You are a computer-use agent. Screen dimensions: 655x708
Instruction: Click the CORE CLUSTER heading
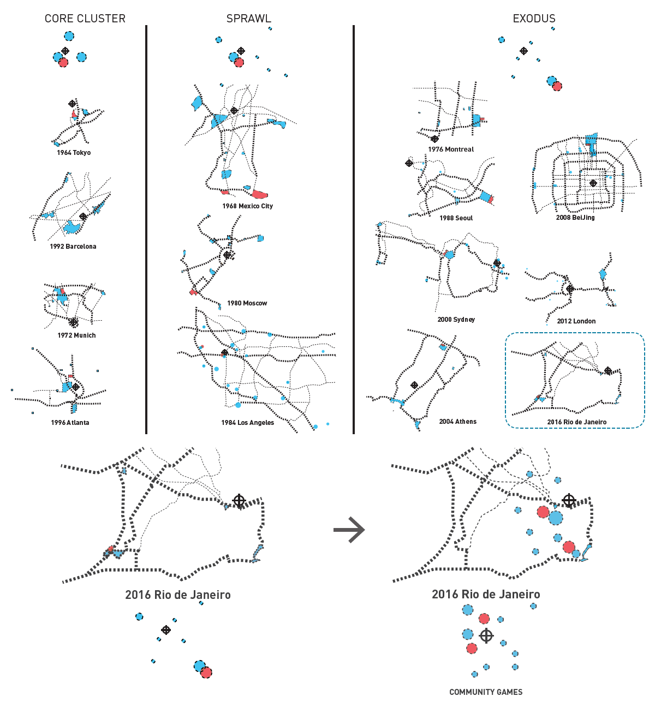coord(85,19)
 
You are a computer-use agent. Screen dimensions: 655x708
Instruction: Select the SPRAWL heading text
coord(249,19)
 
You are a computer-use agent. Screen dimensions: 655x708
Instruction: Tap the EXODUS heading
coord(534,19)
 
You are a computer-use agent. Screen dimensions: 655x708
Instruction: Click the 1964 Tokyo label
coord(74,153)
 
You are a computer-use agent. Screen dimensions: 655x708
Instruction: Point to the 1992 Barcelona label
coord(73,247)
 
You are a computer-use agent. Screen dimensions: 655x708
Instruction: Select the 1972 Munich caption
coord(77,335)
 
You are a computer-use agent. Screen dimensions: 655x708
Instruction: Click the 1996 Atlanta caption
coord(70,422)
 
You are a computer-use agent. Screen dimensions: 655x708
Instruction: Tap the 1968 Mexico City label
coord(248,206)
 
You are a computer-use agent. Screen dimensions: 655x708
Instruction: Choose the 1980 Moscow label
coord(247,303)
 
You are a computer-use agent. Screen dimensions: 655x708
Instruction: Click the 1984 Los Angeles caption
coord(248,422)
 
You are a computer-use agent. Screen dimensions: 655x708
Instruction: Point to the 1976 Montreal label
coord(451,149)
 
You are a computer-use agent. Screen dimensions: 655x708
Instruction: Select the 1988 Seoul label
coord(456,218)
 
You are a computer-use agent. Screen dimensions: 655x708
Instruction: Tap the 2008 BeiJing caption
coord(575,218)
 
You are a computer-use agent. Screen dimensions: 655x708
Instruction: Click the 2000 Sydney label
coord(456,320)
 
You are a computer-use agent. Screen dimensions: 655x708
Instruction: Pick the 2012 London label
coord(576,321)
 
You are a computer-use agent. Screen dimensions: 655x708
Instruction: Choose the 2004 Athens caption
coord(458,422)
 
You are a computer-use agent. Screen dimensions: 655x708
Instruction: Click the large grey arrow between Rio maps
coord(349,530)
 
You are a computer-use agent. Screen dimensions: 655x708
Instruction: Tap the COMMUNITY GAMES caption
coord(486,692)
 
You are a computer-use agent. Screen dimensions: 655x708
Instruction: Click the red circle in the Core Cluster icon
coord(63,62)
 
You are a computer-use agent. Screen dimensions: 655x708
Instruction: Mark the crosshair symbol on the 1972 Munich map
coord(74,322)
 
